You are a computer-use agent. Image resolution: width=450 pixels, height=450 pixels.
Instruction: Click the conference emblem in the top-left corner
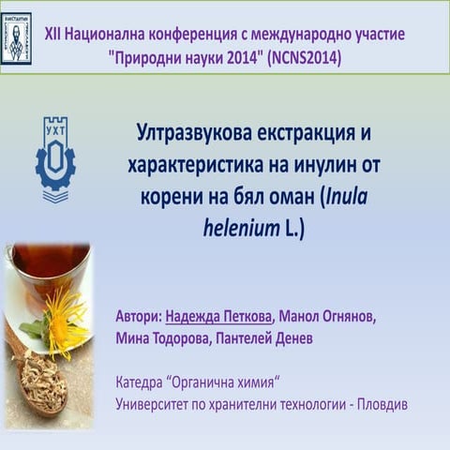point(16,37)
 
